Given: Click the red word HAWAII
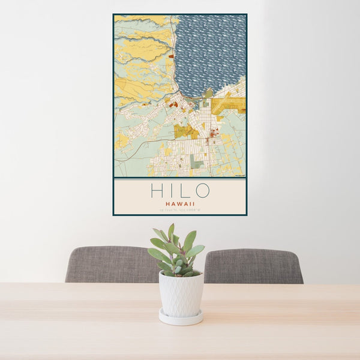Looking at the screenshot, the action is coord(179,204).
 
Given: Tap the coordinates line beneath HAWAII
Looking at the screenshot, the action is coord(179,210).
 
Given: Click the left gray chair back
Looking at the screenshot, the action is coord(111,264).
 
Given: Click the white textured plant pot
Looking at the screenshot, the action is coord(181,293).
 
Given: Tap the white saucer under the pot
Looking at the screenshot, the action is coord(181,318).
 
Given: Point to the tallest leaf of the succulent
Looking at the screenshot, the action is coord(171,232).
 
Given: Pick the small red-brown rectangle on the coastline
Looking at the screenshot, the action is coord(171,56).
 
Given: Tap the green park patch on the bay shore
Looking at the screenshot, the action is coord(208,93).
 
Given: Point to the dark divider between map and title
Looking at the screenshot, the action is coord(179,178).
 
